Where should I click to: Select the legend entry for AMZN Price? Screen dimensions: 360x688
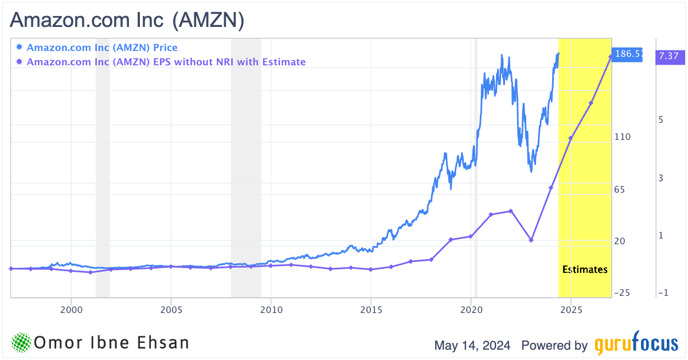tap(102, 48)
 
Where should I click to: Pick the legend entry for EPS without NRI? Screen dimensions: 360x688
tap(166, 62)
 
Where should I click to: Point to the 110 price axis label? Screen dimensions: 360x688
tap(623, 137)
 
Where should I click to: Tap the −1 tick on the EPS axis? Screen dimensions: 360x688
tap(663, 293)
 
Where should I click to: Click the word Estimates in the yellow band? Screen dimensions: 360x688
tap(585, 269)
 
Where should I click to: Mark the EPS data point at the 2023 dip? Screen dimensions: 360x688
tap(531, 240)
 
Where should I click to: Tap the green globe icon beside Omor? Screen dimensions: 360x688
tap(21, 343)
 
